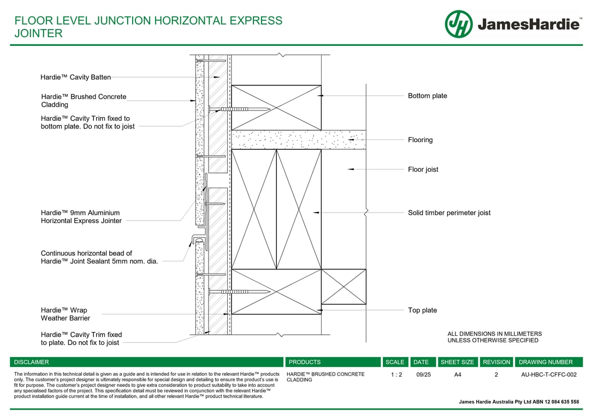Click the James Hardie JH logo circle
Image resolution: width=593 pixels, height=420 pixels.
(x=459, y=24)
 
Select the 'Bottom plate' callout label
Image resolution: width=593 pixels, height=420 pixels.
(x=427, y=96)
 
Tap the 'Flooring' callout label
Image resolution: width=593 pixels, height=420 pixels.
(x=420, y=140)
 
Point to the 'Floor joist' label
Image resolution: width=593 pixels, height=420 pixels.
(x=423, y=170)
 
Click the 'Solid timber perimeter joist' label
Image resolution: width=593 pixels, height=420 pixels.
(x=449, y=213)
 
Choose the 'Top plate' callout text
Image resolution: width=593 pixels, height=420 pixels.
(x=422, y=311)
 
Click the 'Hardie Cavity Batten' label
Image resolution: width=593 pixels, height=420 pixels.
(x=75, y=78)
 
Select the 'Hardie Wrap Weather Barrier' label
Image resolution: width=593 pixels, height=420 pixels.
(x=66, y=314)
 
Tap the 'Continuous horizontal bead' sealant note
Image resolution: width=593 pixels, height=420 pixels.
(x=99, y=258)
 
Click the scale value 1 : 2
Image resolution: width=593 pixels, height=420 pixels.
(x=396, y=375)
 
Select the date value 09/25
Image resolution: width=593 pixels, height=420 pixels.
(x=423, y=375)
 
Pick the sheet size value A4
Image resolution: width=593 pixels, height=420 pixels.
(x=458, y=375)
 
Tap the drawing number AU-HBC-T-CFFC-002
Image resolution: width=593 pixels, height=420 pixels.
(x=549, y=375)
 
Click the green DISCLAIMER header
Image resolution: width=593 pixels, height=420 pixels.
(x=32, y=362)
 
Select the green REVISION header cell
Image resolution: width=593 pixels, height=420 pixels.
(x=496, y=362)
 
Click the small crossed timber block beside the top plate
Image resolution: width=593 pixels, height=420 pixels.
(x=343, y=287)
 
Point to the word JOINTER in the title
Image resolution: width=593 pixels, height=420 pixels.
(x=38, y=33)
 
